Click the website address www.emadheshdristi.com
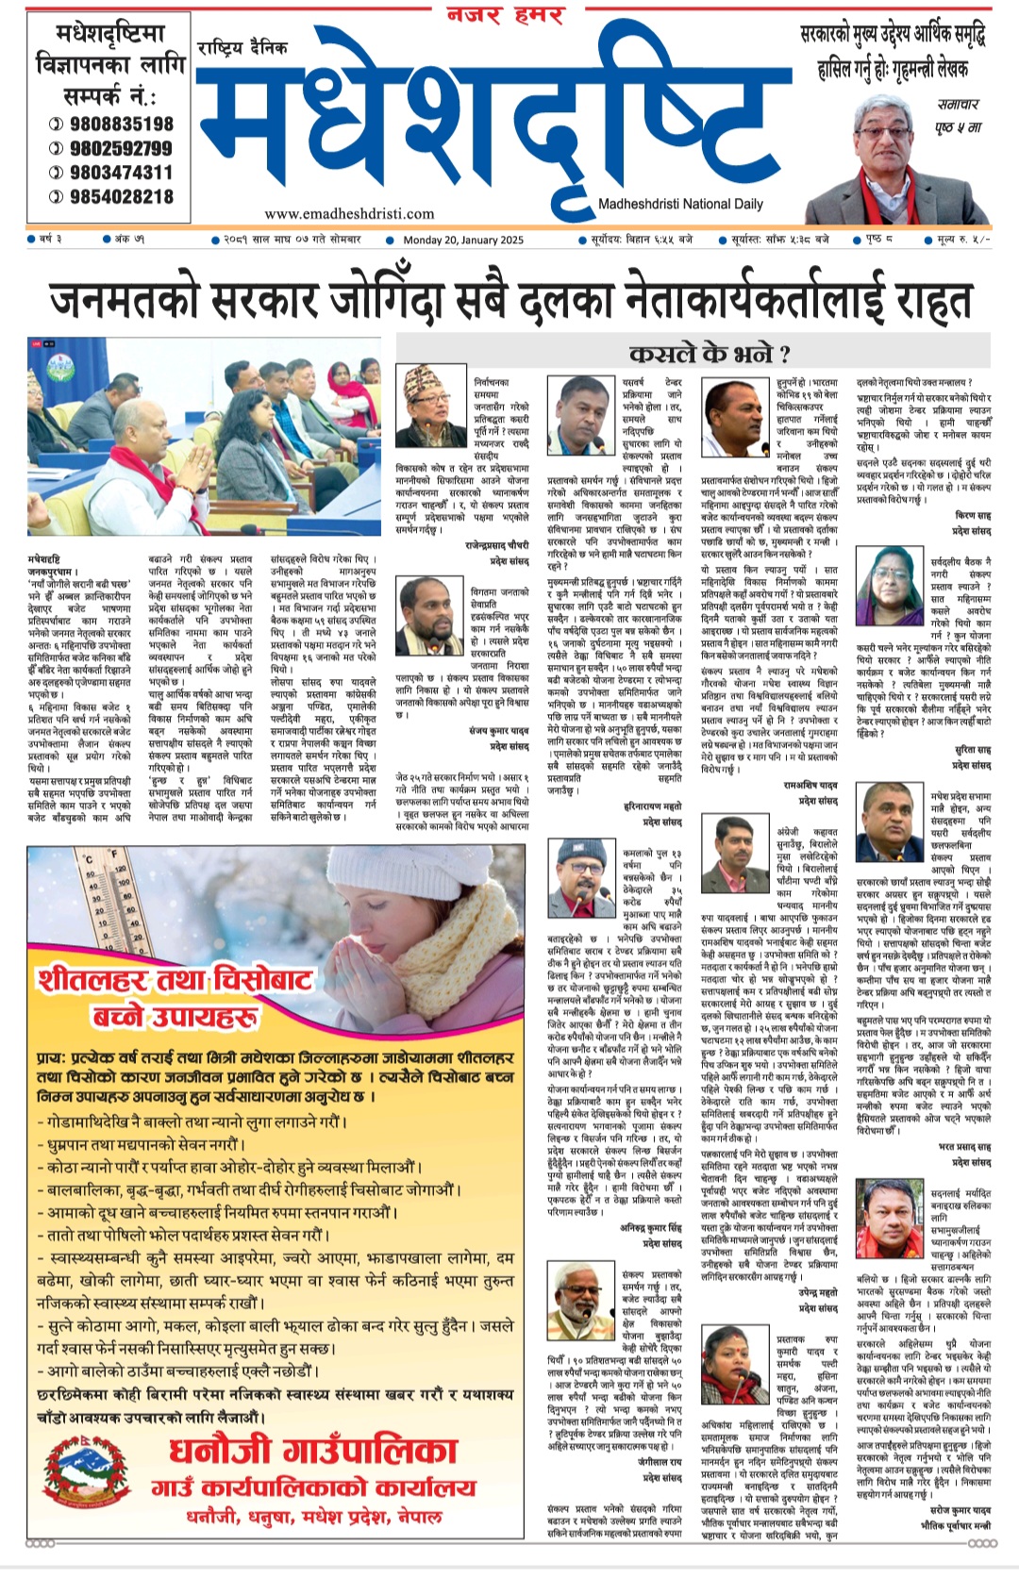click(349, 213)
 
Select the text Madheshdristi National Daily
click(680, 204)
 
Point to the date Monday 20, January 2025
click(463, 240)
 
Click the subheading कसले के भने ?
click(710, 355)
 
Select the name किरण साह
click(973, 516)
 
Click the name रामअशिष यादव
click(810, 784)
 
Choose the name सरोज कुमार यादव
click(958, 1510)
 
